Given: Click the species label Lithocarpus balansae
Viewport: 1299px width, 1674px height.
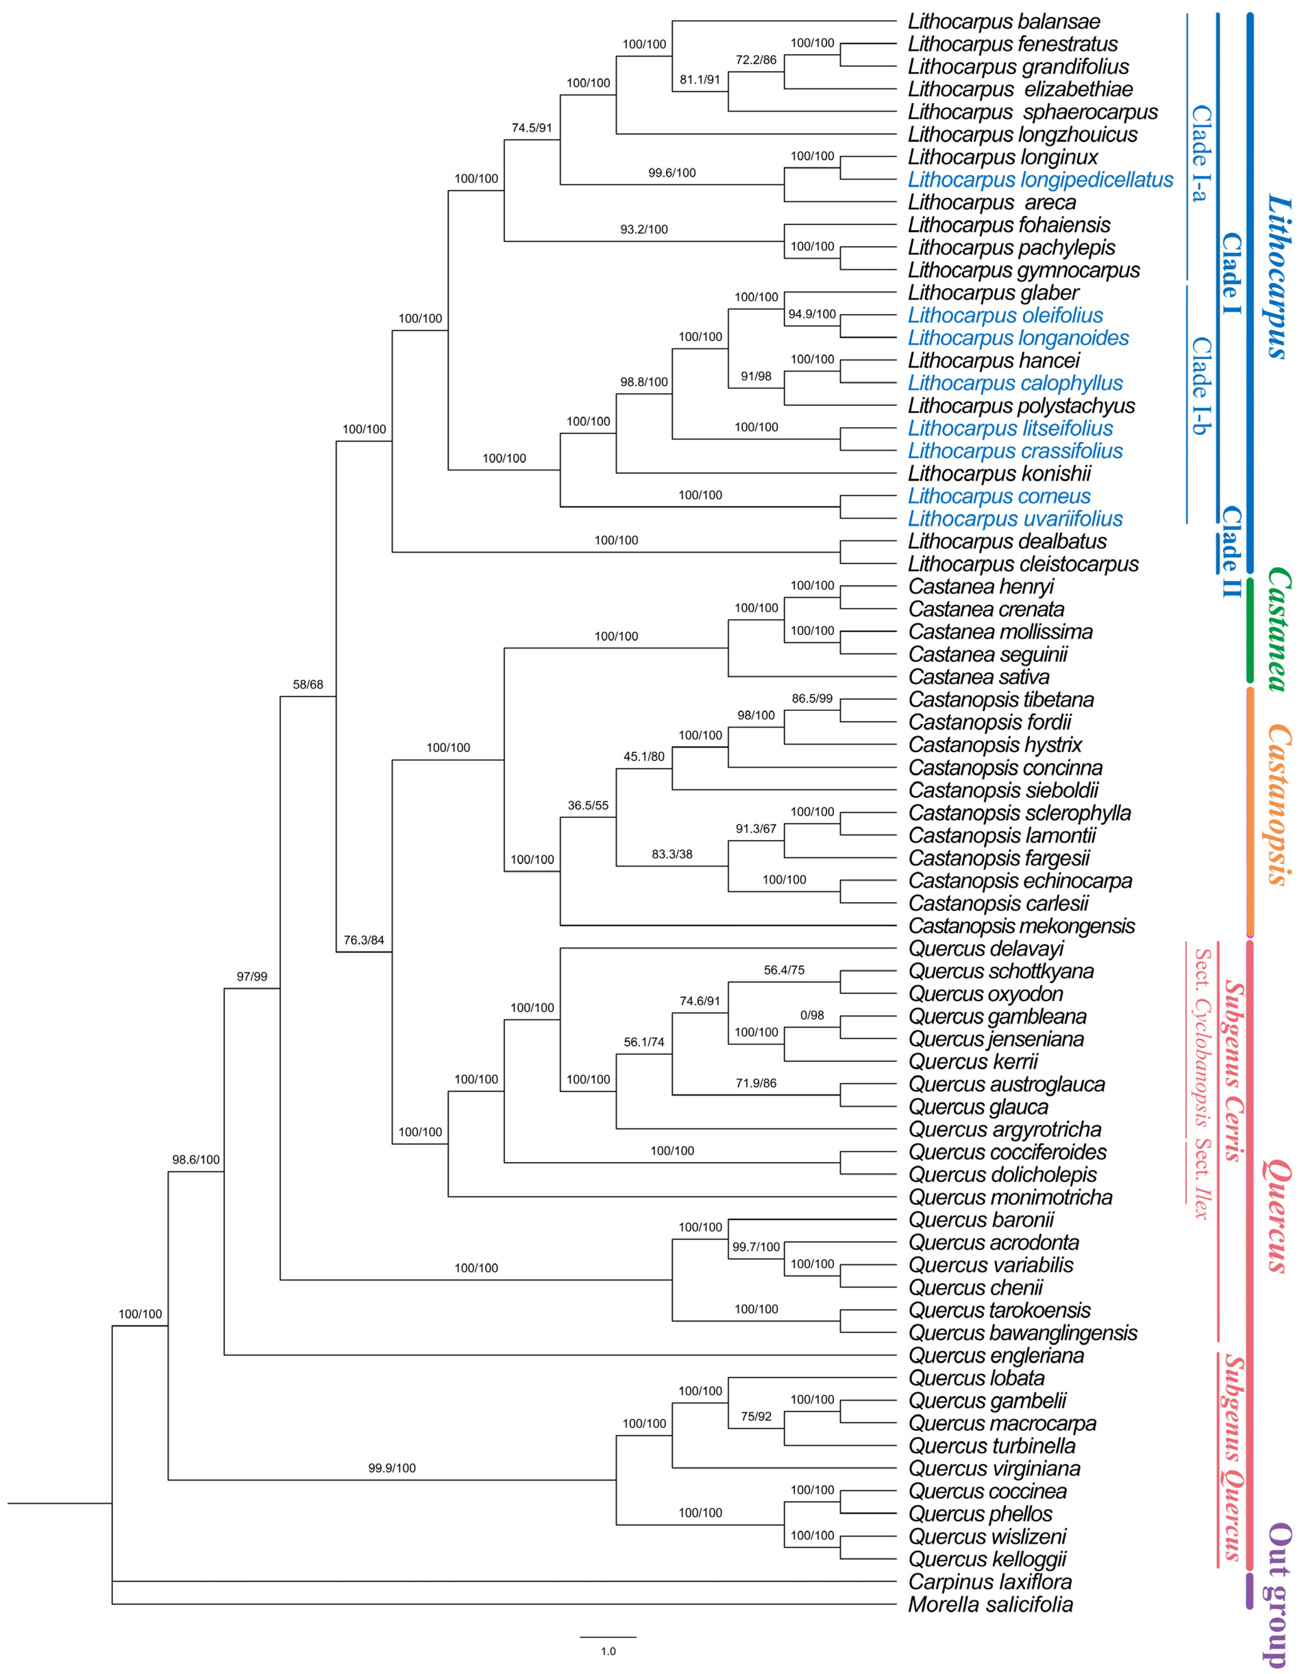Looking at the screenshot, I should click(x=1004, y=22).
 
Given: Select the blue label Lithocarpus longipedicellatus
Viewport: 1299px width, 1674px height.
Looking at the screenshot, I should click(x=1040, y=180).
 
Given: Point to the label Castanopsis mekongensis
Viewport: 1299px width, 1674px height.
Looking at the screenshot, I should click(x=1021, y=926).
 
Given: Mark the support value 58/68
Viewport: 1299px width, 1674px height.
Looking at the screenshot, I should click(x=308, y=685).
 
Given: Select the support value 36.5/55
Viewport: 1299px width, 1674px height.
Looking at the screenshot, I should click(x=588, y=805).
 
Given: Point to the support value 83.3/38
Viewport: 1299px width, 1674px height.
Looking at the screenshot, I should click(x=672, y=854).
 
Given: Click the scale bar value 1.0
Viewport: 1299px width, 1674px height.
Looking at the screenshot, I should click(x=608, y=1651).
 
